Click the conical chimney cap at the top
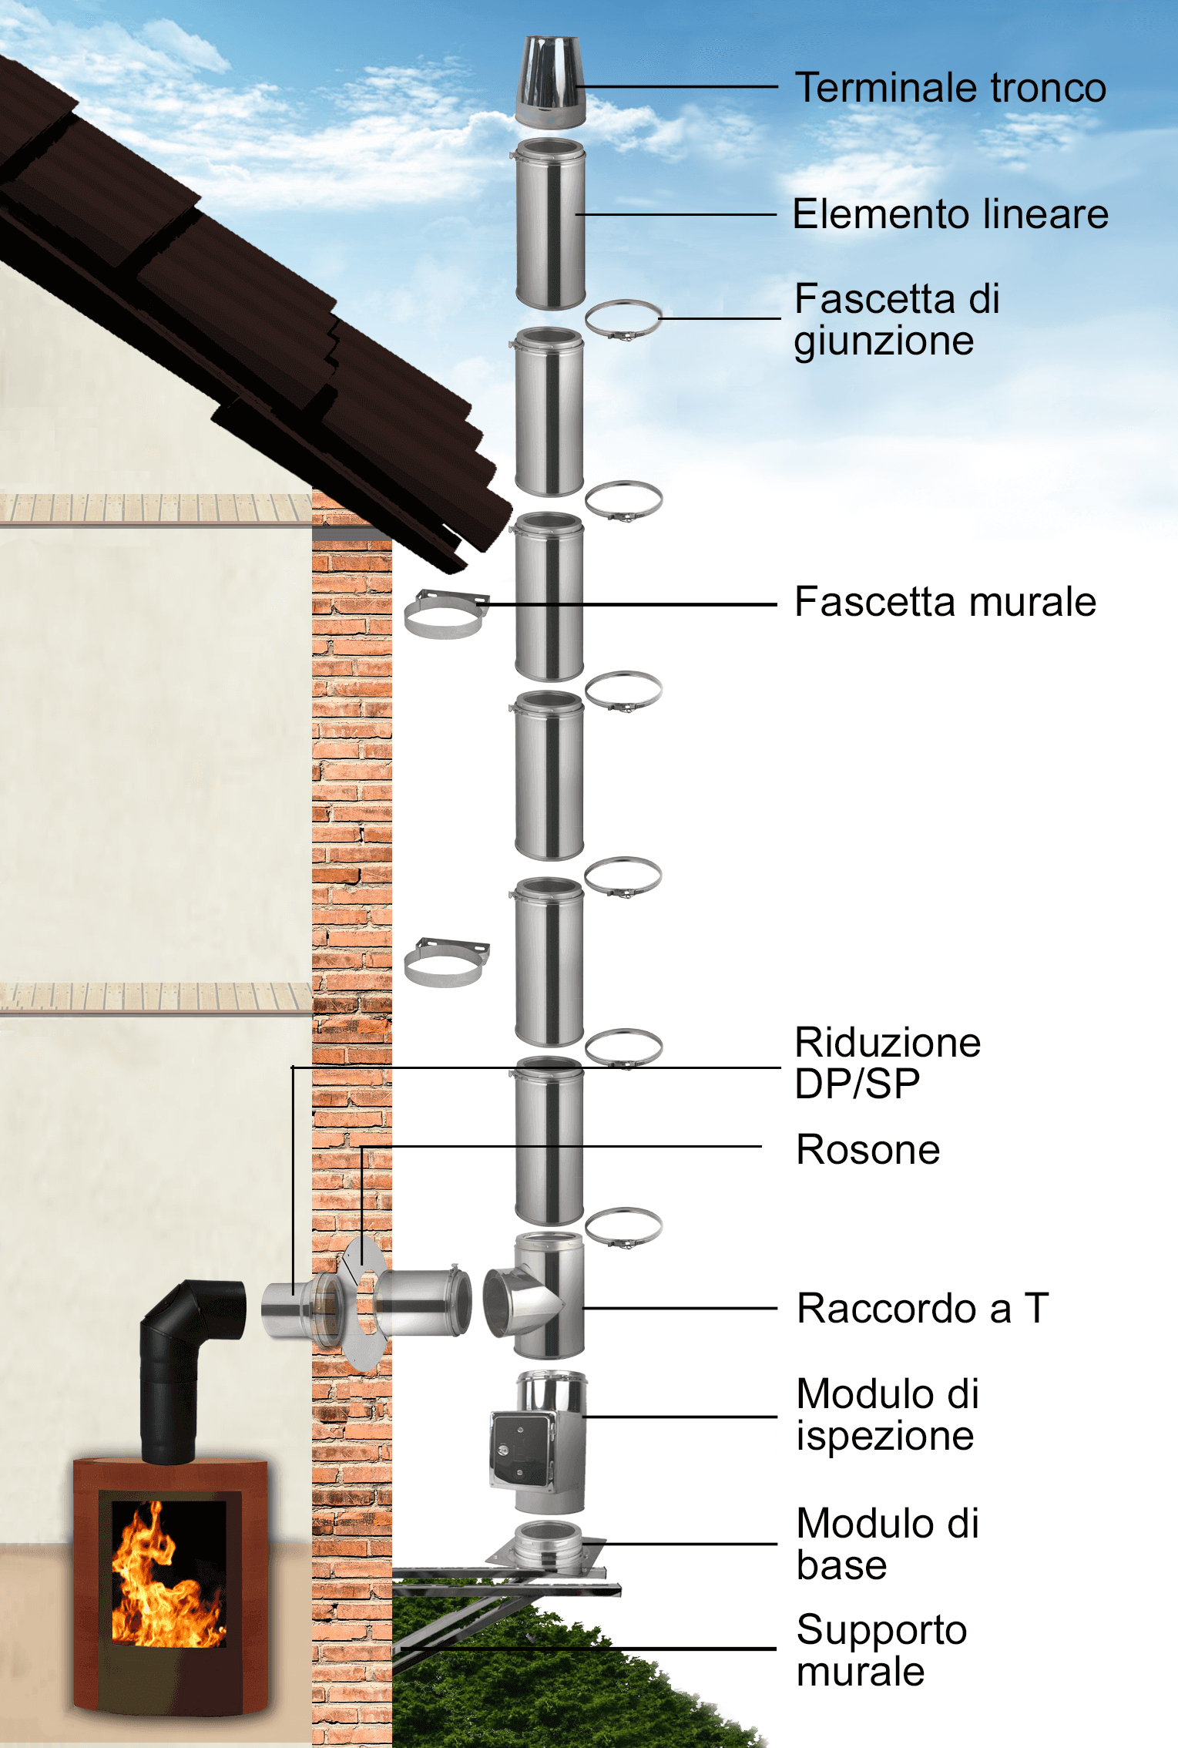[x=549, y=81]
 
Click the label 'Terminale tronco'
[x=950, y=88]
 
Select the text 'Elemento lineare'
[x=950, y=214]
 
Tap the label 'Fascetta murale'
[x=945, y=602]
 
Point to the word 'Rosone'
[x=868, y=1150]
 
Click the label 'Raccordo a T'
[x=922, y=1308]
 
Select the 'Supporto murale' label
[x=881, y=1651]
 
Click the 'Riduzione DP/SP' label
[x=887, y=1063]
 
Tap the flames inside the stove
[x=166, y=1580]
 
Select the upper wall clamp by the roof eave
[x=445, y=613]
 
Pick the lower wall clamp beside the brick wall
[x=445, y=963]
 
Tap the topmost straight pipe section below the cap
[x=549, y=224]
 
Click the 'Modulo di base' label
[x=888, y=1544]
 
